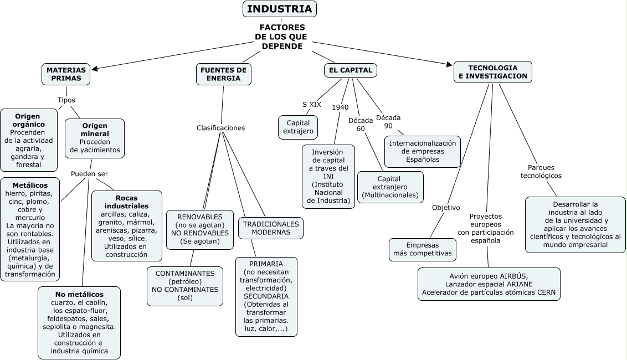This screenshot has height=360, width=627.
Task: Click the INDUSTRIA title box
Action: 280,9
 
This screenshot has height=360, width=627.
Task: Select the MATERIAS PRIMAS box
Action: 66,74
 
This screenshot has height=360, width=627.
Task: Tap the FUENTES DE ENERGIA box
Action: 223,74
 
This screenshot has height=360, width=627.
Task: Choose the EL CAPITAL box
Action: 350,70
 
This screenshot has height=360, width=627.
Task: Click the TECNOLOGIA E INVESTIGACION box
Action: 492,71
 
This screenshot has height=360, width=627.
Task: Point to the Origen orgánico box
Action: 29,140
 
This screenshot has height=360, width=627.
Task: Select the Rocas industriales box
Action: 127,226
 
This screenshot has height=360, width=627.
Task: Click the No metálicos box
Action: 79,322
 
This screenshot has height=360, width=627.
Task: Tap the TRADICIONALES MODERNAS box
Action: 271,228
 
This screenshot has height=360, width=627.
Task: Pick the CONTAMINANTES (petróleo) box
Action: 185,285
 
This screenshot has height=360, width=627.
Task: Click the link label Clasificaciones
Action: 220,128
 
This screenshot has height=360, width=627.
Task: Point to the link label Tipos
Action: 66,100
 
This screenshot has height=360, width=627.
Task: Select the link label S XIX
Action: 311,104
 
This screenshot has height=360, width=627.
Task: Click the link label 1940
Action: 340,107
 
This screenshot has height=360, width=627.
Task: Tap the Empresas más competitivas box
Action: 423,250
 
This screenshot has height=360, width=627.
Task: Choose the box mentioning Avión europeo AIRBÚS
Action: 489,284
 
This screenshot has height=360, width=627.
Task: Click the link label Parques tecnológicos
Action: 541,172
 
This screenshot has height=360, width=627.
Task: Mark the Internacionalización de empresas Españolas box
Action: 423,151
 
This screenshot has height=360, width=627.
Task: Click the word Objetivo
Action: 446,208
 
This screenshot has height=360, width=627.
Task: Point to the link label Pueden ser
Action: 89,174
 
